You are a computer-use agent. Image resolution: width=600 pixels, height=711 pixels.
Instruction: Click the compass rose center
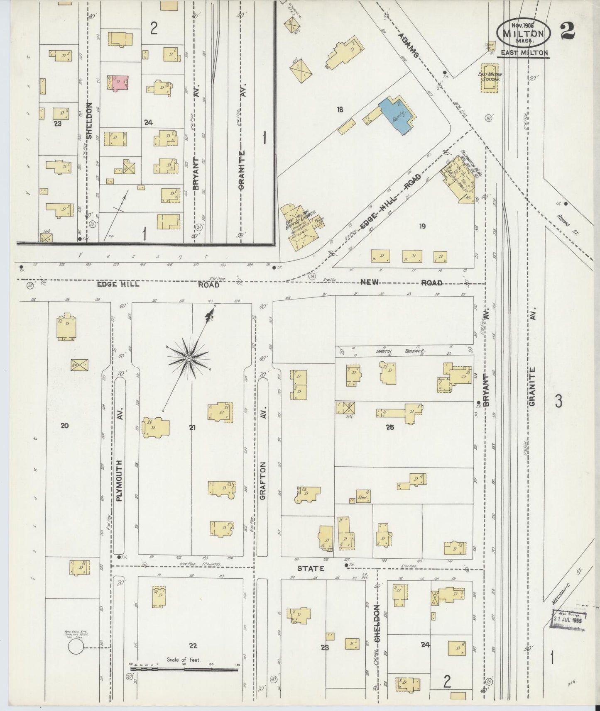click(189, 358)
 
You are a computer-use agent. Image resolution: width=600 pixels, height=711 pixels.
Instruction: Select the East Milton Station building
click(490, 78)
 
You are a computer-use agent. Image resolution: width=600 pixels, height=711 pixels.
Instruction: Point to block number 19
click(422, 226)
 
